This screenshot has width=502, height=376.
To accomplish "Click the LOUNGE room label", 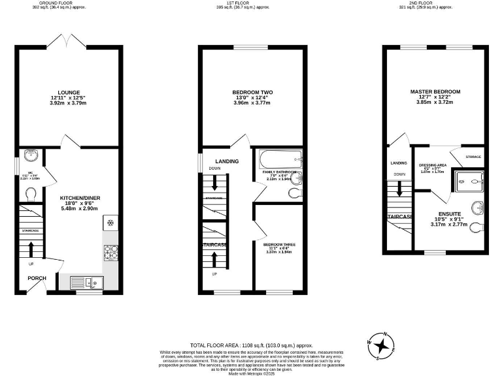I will [68, 92].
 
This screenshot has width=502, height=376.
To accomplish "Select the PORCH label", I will [37, 278].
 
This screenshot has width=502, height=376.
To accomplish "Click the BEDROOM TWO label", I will [252, 92].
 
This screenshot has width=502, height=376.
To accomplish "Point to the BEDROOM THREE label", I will [279, 245].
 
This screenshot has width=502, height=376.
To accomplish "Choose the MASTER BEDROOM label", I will [435, 91].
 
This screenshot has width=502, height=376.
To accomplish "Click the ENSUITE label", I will [450, 213].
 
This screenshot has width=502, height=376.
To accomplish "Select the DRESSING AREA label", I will [432, 165].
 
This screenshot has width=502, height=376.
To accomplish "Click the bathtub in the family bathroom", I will [278, 158].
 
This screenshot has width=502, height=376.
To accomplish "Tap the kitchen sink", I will [88, 283].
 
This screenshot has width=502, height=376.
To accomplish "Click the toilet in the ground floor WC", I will [29, 193].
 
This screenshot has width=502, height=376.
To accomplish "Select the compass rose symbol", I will [380, 345].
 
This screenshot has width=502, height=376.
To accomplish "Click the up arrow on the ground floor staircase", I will [30, 249].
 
